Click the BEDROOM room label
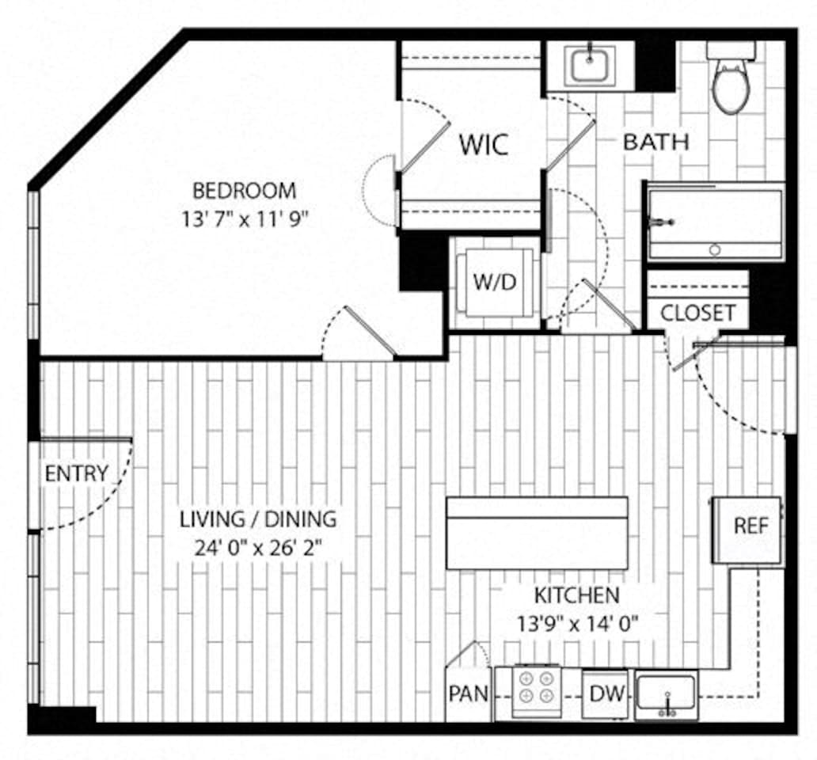pyautogui.click(x=245, y=191)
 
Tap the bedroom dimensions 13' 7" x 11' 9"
pyautogui.click(x=245, y=218)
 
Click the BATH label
pyautogui.click(x=655, y=142)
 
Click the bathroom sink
pyautogui.click(x=589, y=66)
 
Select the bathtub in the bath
pyautogui.click(x=715, y=222)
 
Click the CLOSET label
pyautogui.click(x=697, y=313)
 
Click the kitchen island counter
pyautogui.click(x=537, y=533)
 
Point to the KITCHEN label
pyautogui.click(x=576, y=595)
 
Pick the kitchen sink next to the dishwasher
pyautogui.click(x=666, y=694)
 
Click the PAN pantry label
pyautogui.click(x=469, y=694)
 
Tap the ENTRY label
pyautogui.click(x=76, y=473)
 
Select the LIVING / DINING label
pyautogui.click(x=258, y=519)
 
